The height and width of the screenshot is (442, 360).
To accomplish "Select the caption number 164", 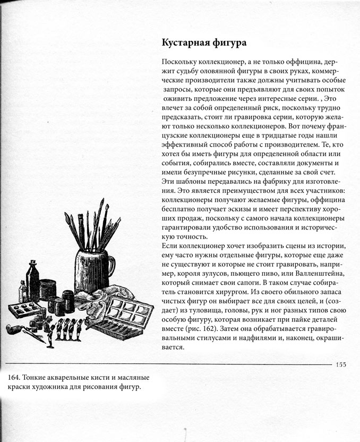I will (15, 378).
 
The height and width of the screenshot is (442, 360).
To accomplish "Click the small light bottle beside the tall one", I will (23, 291).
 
